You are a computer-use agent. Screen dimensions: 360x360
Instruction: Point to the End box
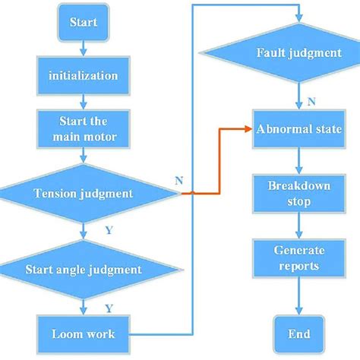(293, 333)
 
